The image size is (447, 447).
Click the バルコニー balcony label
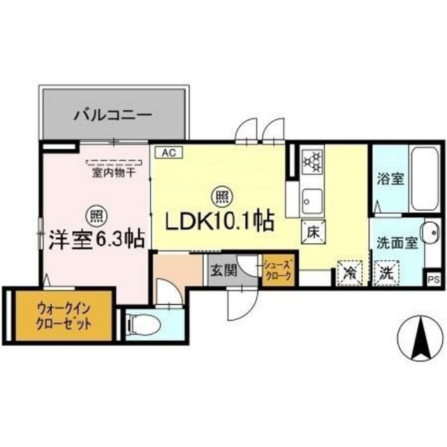[x=113, y=115]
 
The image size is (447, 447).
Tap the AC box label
[x=168, y=153]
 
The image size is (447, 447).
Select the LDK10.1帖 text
[x=221, y=221]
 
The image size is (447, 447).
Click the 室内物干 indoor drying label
[x=114, y=173]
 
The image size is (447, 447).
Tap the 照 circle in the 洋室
[x=97, y=217]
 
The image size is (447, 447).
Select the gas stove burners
[x=312, y=162]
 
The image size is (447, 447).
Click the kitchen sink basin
[x=313, y=200]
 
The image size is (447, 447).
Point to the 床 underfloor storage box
[x=313, y=233]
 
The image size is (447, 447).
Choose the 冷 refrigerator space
[x=349, y=273]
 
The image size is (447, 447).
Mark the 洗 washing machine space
[x=387, y=273]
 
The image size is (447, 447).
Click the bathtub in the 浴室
[x=424, y=179]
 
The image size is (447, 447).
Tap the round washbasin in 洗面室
[x=431, y=233]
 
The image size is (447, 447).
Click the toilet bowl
[x=145, y=325]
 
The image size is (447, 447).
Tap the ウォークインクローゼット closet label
[x=64, y=316]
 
